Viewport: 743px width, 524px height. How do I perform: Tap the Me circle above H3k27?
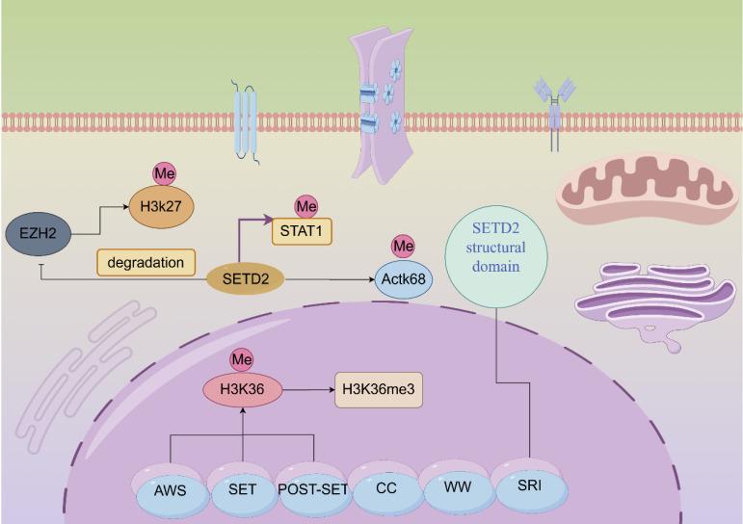(163, 174)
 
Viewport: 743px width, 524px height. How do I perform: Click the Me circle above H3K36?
(240, 360)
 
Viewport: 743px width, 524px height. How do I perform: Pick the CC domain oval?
(385, 489)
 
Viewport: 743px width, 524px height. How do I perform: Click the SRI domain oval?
(528, 487)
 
